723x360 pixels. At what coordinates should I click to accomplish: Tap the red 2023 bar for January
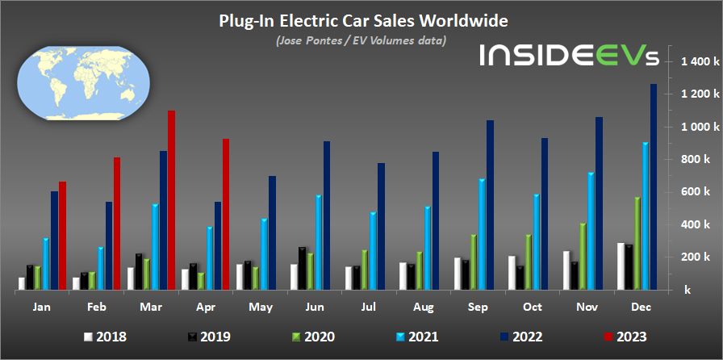tap(62, 236)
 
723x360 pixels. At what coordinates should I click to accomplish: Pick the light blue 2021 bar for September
tap(482, 234)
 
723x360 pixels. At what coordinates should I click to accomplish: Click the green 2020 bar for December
tap(637, 243)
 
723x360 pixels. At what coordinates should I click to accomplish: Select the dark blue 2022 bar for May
tap(272, 232)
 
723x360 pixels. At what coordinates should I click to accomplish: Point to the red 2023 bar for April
tap(226, 214)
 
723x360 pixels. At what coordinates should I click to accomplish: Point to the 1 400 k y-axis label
tap(695, 62)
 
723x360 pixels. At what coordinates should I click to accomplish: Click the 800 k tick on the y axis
tap(698, 160)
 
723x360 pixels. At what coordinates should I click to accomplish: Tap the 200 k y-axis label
tap(698, 257)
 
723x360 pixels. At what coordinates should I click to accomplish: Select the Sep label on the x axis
tap(478, 308)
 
